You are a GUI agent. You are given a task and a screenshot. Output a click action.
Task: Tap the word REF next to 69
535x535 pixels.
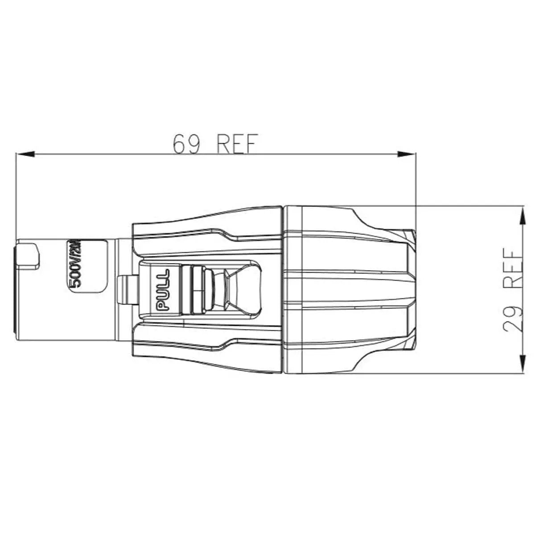pyautogui.click(x=237, y=143)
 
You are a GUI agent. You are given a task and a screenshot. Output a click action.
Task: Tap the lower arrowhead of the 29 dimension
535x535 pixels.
pyautogui.click(x=522, y=363)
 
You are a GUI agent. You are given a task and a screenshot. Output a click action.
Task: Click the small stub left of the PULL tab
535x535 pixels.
pyautogui.click(x=127, y=290)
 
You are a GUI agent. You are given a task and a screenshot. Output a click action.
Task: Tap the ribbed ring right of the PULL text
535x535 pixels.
pyautogui.click(x=193, y=290)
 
